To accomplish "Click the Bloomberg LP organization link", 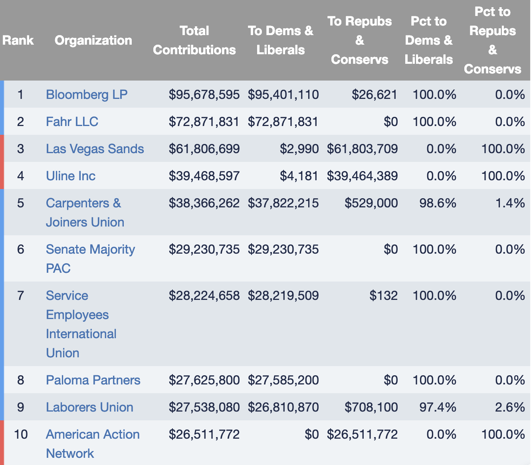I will [87, 95].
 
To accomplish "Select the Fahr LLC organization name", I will [72, 122].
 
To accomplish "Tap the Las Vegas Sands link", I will [95, 149].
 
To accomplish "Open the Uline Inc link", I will [71, 176].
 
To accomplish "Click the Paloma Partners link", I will [93, 380].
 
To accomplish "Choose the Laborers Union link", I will [89, 407].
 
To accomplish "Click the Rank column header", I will [18, 40].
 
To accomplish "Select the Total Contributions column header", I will [194, 40].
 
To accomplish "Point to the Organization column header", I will [93, 40].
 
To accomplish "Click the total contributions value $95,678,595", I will [204, 95].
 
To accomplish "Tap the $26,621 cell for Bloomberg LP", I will [374, 95].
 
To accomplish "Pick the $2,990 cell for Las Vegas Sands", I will [299, 149].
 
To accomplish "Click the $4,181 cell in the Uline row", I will [299, 176].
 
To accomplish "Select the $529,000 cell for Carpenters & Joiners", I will [371, 203].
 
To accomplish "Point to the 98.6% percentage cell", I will [438, 203].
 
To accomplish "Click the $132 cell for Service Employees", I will [383, 296].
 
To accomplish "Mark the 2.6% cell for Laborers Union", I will [510, 407].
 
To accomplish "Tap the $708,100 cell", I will [371, 407].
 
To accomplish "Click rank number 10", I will [21, 434].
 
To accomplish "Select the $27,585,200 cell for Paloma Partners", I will [283, 380].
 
